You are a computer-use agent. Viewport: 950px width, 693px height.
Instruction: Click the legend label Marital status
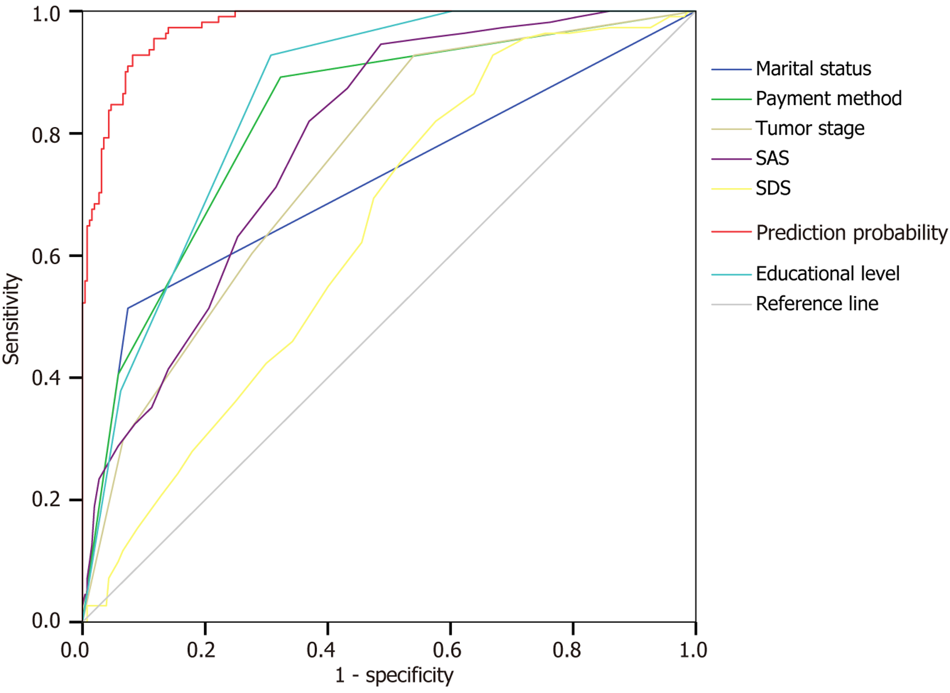813,69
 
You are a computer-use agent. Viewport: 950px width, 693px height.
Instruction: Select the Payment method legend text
828,99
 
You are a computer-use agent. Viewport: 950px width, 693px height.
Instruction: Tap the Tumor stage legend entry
810,128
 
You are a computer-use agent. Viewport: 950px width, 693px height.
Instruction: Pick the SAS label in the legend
772,158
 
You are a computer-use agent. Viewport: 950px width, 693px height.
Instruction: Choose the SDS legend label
773,189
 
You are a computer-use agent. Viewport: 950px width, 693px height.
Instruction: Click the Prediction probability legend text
851,233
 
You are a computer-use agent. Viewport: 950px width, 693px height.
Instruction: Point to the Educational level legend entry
827,274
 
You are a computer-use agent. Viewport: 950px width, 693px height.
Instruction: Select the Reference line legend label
817,304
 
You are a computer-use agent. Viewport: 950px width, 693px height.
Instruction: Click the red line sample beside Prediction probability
731,232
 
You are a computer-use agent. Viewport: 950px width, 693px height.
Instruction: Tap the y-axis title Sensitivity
11,319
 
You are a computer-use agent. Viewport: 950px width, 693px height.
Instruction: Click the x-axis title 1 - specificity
394,675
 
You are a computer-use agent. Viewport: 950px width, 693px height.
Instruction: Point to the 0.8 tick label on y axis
46,135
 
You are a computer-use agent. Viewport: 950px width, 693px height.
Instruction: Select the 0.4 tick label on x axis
321,650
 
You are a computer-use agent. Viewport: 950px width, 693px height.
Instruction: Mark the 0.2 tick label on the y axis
46,499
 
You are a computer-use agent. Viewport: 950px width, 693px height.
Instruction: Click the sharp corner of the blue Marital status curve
128,308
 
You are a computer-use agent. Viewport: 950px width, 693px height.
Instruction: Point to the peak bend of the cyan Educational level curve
271,55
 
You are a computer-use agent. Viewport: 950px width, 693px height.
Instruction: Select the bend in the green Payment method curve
281,77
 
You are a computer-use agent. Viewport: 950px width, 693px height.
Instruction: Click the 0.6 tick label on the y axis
46,257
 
